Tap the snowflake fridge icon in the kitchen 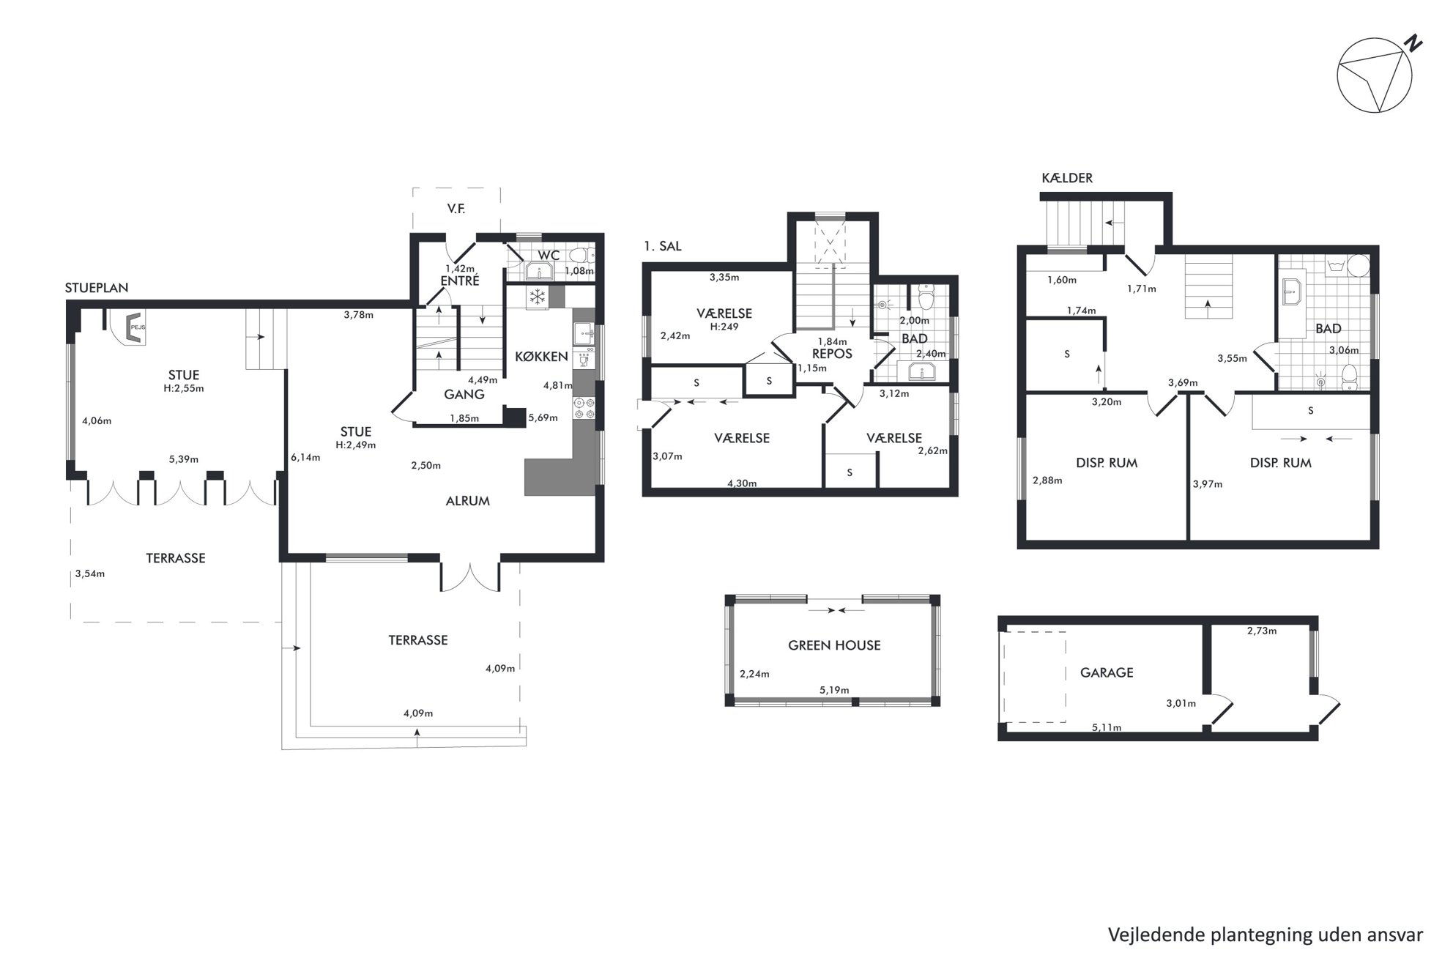[538, 297]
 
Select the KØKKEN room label [541, 357]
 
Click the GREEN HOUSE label [834, 645]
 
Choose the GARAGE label [1107, 672]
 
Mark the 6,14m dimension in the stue [305, 458]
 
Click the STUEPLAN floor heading [97, 288]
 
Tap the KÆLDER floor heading [1067, 178]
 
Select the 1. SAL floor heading [663, 246]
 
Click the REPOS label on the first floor [832, 354]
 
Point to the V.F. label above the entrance [456, 209]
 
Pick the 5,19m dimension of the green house [834, 690]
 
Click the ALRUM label [468, 501]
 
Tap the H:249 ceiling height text [724, 327]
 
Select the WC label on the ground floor [549, 255]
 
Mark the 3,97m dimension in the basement [1208, 484]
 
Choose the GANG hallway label [464, 394]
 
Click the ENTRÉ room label [460, 281]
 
